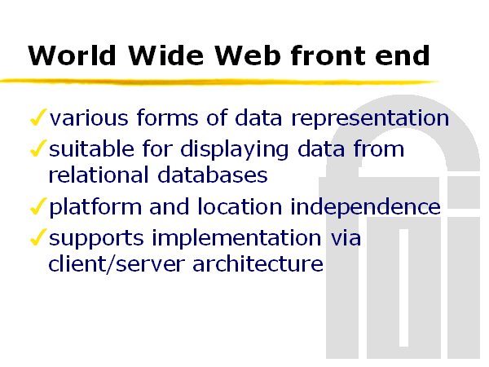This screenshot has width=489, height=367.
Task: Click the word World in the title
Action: point(72,55)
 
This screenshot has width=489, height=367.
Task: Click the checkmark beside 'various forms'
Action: point(38,117)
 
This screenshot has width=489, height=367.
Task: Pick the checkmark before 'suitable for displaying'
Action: point(38,148)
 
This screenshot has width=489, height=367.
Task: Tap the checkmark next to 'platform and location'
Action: point(38,206)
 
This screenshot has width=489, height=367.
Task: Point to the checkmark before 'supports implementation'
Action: point(38,237)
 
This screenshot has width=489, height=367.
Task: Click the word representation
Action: point(370,118)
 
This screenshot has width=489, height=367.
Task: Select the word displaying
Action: point(235,149)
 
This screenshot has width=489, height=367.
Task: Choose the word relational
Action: point(99,175)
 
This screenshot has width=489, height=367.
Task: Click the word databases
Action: point(213,175)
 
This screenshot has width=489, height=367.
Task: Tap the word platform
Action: point(95,207)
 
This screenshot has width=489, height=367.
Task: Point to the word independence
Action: point(365,207)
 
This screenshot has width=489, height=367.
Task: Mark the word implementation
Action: point(236,239)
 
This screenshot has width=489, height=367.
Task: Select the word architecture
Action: point(258,263)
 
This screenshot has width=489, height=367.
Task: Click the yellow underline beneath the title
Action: point(220,82)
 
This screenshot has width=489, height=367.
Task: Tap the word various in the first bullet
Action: point(89,118)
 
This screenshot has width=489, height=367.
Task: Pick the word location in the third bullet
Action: point(240,206)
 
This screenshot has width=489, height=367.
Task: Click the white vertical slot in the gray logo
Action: point(403,287)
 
